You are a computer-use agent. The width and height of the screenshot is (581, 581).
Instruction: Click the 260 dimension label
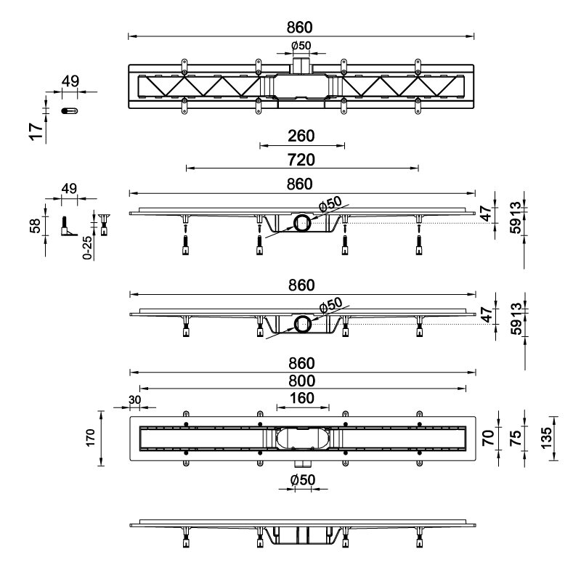coord(301,136)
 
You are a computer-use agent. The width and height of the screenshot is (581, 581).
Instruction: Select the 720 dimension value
coord(301,160)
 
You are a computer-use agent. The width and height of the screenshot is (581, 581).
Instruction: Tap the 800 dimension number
coord(301,381)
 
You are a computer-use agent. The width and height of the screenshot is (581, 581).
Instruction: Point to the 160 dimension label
coord(302,398)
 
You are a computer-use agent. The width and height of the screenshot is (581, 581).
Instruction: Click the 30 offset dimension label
coord(135,400)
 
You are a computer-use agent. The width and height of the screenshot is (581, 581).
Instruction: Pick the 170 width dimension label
coord(90,438)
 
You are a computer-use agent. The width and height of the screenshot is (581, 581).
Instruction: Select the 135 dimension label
coord(546,438)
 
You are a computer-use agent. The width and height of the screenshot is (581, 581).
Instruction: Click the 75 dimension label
coord(515,438)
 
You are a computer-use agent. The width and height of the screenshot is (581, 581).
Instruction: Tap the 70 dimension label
coord(488,438)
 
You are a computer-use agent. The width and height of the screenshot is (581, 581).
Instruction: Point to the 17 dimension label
coord(36,131)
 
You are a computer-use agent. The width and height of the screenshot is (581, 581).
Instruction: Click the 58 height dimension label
coord(35,226)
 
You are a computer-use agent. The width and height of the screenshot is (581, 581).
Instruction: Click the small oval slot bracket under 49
coord(69,111)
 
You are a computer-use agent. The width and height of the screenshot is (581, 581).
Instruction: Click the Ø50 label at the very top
coord(301,46)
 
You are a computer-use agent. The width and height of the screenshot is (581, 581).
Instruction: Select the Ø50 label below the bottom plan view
coord(303,480)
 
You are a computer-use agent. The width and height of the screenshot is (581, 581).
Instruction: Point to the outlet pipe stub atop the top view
coord(301,65)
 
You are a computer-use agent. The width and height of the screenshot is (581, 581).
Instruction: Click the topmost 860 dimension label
coord(300,28)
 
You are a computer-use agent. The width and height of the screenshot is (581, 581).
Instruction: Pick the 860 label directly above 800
coord(301,363)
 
